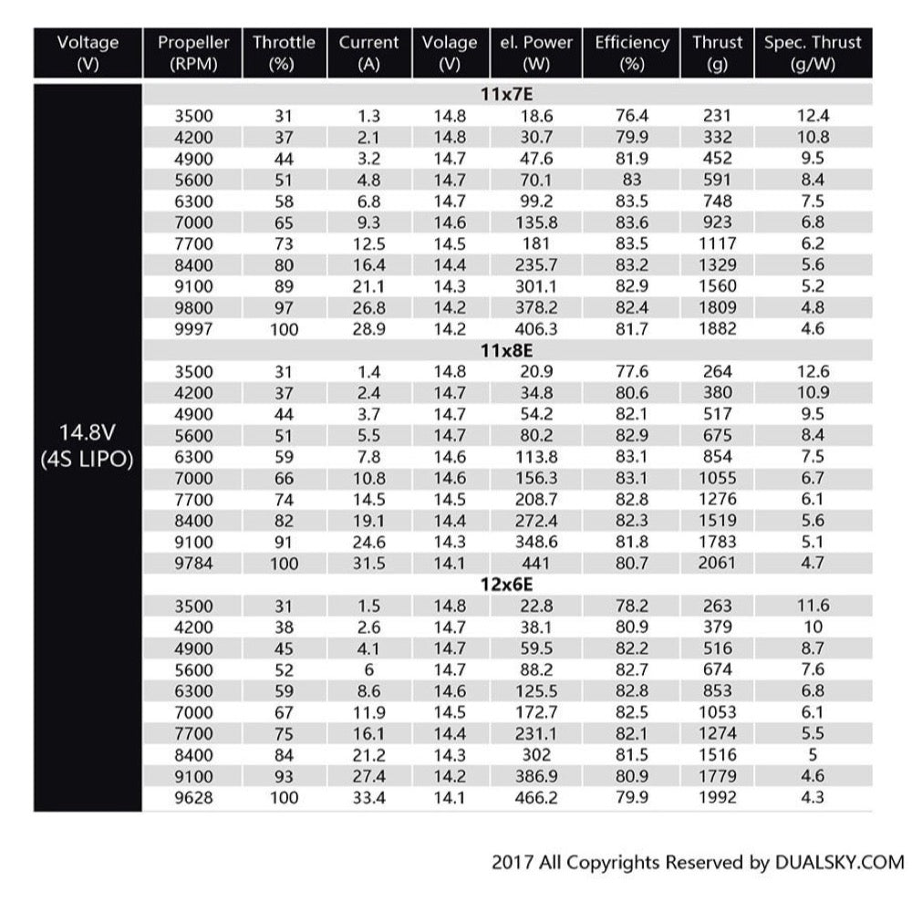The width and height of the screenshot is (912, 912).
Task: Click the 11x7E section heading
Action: (x=506, y=95)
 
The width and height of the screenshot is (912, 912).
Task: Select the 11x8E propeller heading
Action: (x=506, y=350)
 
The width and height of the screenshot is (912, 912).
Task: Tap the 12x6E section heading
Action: (x=506, y=585)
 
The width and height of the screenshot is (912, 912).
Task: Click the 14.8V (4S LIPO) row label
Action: (x=88, y=445)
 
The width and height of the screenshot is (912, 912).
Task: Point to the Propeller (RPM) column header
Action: (x=193, y=53)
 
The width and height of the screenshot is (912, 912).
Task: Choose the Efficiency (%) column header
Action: (x=632, y=53)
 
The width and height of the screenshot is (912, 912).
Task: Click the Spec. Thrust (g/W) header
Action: (x=813, y=53)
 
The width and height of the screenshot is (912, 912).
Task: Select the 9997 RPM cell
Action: (x=193, y=328)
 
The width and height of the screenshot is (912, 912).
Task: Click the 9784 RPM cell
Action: (x=193, y=564)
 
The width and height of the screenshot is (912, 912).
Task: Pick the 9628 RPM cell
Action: (x=193, y=797)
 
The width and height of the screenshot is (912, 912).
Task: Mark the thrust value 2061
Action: (x=716, y=564)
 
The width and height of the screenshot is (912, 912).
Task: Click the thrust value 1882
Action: (x=716, y=328)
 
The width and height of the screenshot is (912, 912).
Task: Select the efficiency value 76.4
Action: (x=632, y=116)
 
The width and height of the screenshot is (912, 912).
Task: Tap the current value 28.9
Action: (x=368, y=328)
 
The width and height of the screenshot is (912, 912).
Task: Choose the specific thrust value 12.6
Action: (x=813, y=372)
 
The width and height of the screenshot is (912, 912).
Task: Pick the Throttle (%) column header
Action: (x=284, y=53)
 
